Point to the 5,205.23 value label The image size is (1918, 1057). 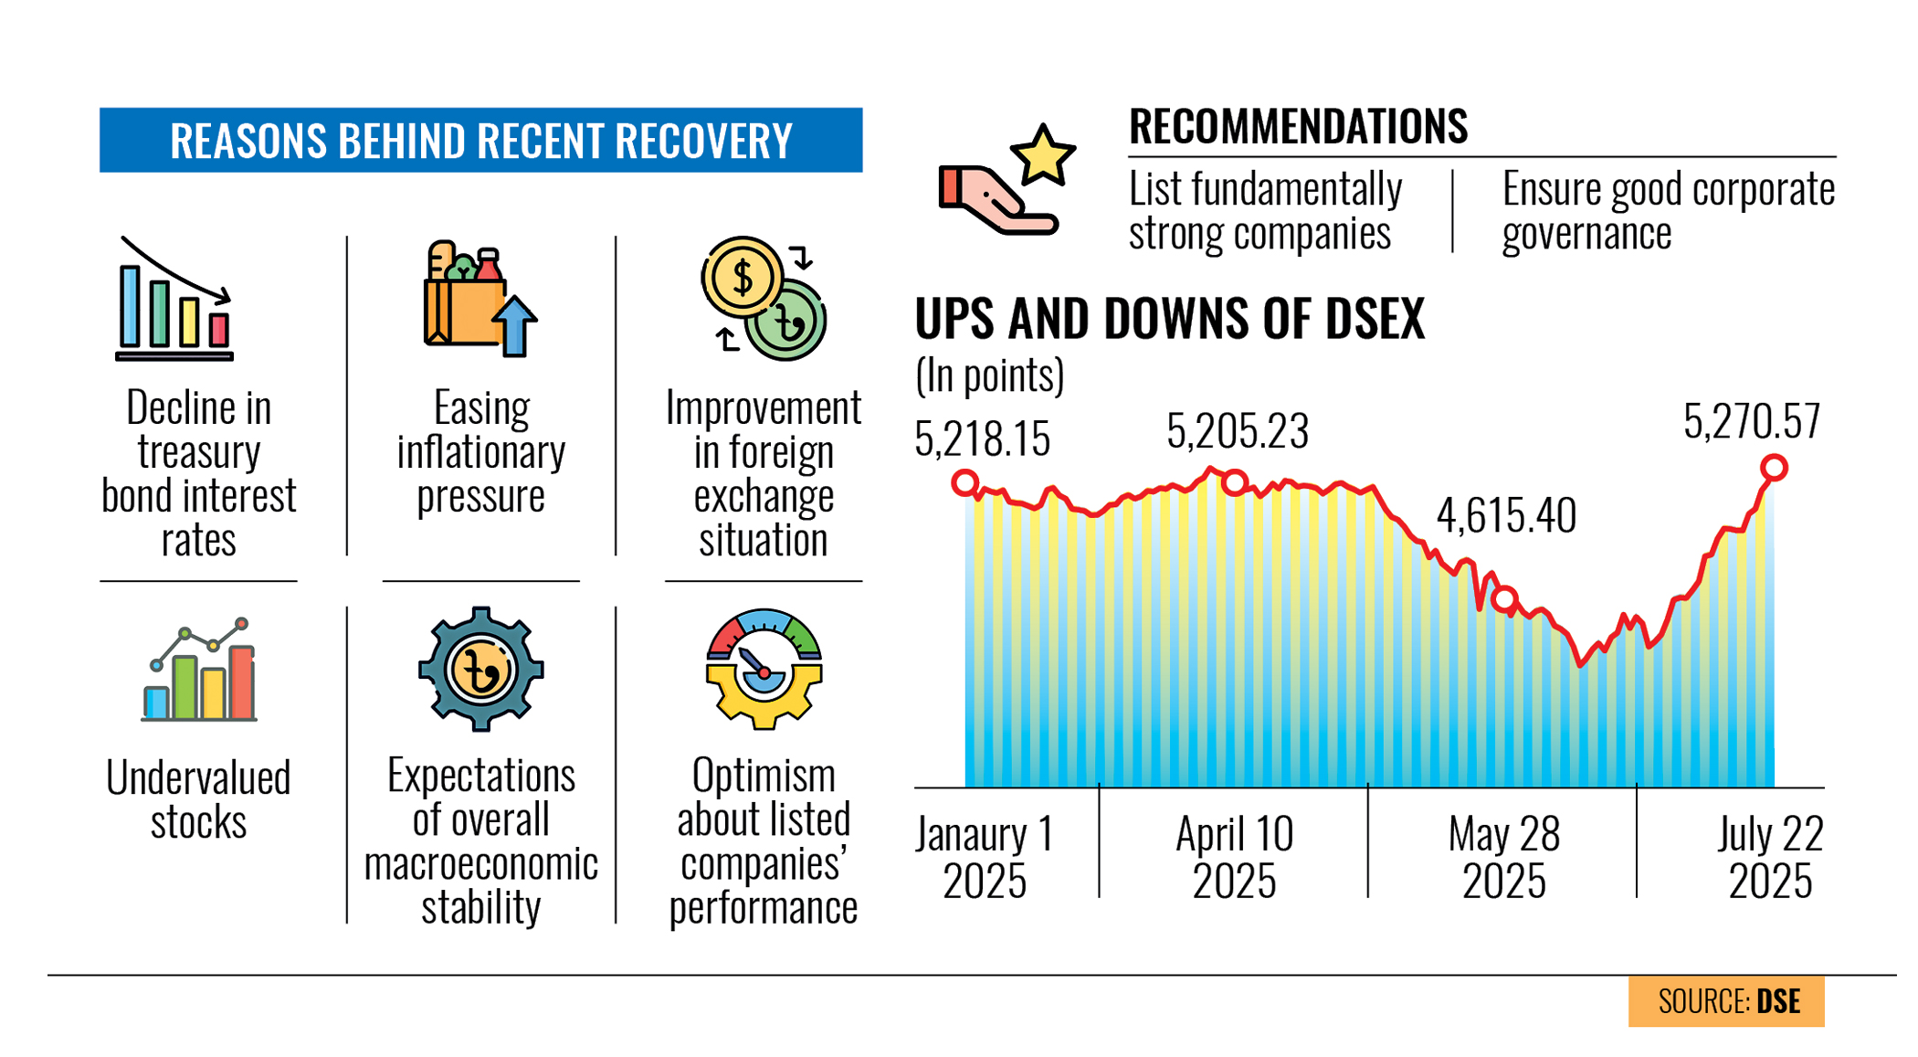[x=1237, y=431]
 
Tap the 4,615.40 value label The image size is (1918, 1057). [x=1505, y=516]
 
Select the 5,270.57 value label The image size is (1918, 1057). [x=1751, y=422]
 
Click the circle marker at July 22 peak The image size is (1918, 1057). [x=1773, y=468]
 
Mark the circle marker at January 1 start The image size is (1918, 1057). [x=964, y=482]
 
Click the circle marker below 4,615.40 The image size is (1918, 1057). [x=1504, y=600]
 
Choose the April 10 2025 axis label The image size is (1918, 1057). [x=1234, y=857]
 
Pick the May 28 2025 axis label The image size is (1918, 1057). [x=1503, y=857]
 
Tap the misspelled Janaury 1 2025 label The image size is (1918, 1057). [x=984, y=857]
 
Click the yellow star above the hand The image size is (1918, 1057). [x=1042, y=156]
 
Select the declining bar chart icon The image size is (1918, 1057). [x=174, y=301]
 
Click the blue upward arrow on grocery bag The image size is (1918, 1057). [x=514, y=325]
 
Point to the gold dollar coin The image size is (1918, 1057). [x=742, y=277]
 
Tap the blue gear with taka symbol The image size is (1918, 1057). [x=480, y=670]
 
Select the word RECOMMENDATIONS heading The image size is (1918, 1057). [x=1297, y=127]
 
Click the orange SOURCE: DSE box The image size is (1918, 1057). [x=1725, y=1001]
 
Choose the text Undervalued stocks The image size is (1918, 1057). [x=198, y=799]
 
